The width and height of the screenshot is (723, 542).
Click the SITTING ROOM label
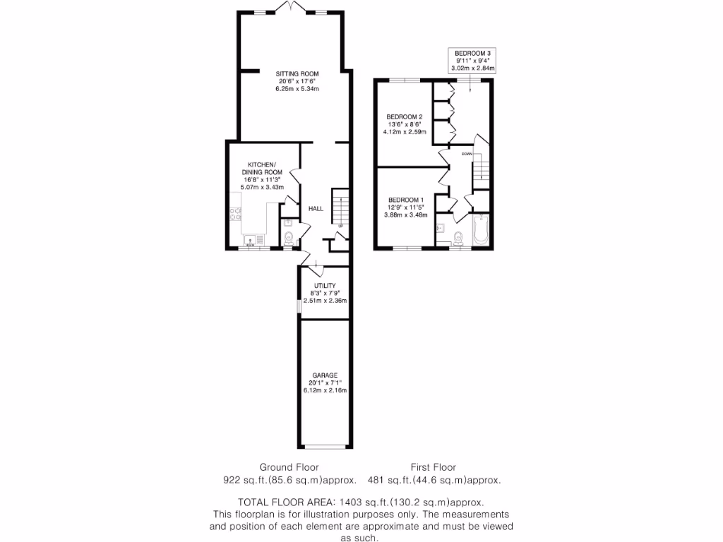tap(297, 73)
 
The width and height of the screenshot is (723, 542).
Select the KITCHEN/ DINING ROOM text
tap(265, 168)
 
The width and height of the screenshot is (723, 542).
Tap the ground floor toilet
tap(288, 241)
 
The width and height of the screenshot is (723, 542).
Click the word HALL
tap(316, 209)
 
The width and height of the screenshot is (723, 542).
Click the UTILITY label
tap(325, 286)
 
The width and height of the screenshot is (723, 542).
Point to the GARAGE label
tap(325, 375)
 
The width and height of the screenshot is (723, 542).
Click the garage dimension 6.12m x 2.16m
tap(325, 390)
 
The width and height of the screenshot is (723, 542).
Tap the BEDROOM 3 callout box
tap(473, 61)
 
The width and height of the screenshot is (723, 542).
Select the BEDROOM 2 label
tap(404, 116)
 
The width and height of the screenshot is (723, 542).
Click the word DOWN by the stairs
tap(467, 153)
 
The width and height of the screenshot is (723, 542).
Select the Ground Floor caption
tap(289, 467)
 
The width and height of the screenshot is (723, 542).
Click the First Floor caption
tap(434, 467)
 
